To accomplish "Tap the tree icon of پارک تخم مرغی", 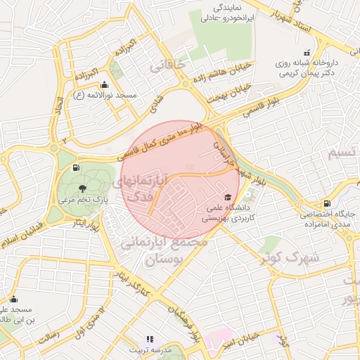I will pyautogui.click(x=83, y=188).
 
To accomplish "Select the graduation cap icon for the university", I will pyautogui.click(x=227, y=198).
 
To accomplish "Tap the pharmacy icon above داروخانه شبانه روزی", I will pyautogui.click(x=306, y=53).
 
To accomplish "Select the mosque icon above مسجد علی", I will pyautogui.click(x=13, y=300).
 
